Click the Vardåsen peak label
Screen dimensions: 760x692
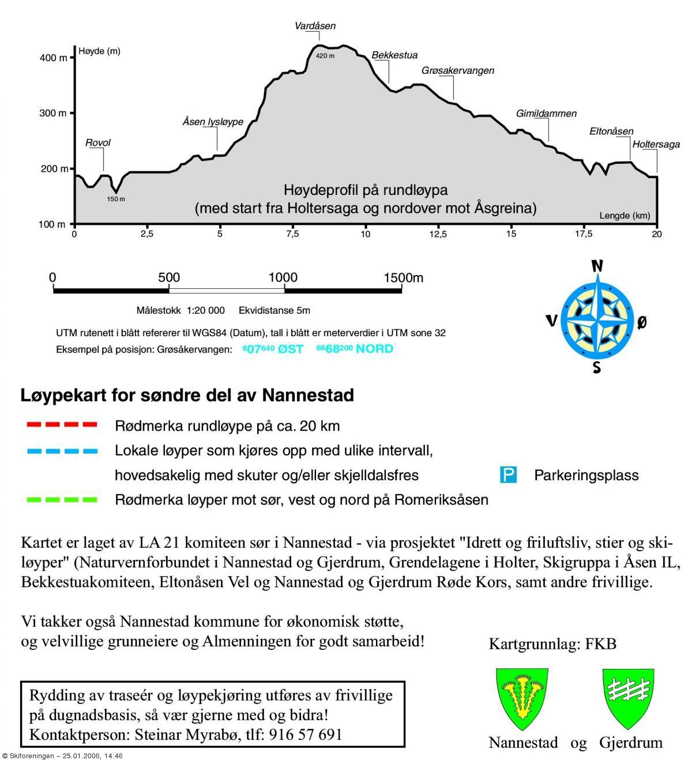pyautogui.click(x=315, y=26)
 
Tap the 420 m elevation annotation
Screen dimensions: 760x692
pyautogui.click(x=325, y=56)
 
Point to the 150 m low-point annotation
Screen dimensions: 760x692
pyautogui.click(x=116, y=199)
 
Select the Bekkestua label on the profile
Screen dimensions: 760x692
pyautogui.click(x=394, y=55)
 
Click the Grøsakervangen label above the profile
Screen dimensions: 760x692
pyautogui.click(x=458, y=70)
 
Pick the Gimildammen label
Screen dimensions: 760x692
pyautogui.click(x=546, y=114)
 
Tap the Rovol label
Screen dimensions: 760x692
pyautogui.click(x=98, y=142)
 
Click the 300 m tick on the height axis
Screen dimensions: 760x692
pyautogui.click(x=53, y=113)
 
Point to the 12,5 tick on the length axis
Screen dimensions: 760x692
pyautogui.click(x=438, y=234)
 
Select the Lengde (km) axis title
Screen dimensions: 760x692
pyautogui.click(x=625, y=216)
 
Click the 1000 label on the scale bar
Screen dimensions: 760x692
pyautogui.click(x=283, y=277)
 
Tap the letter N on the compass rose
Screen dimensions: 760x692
pyautogui.click(x=597, y=266)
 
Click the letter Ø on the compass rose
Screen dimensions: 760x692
pyautogui.click(x=642, y=322)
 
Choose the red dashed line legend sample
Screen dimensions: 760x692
pyautogui.click(x=62, y=426)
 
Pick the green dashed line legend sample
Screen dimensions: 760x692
pyautogui.click(x=62, y=499)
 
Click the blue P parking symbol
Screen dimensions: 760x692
pyautogui.click(x=508, y=475)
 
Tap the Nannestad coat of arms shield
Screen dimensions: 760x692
pyautogui.click(x=522, y=698)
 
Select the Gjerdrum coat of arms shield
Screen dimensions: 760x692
pyautogui.click(x=629, y=698)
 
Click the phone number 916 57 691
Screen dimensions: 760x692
pyautogui.click(x=305, y=735)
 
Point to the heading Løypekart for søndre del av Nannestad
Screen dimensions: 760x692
pyautogui.click(x=187, y=396)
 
